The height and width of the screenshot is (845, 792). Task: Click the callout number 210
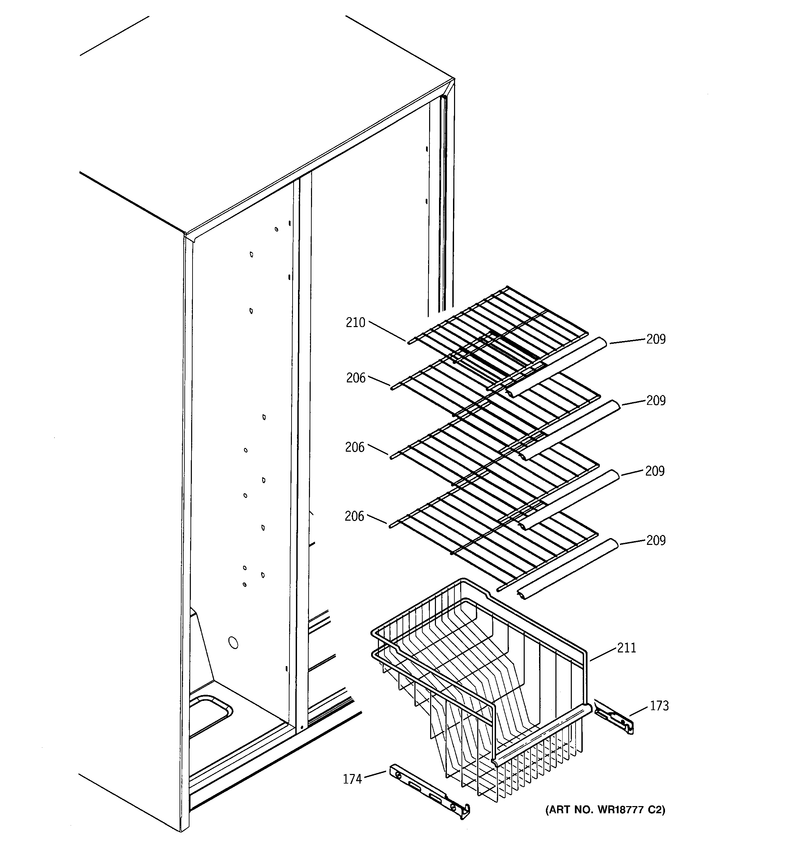click(355, 323)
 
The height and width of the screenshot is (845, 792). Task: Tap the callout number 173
click(659, 706)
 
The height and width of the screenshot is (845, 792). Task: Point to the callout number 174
click(352, 779)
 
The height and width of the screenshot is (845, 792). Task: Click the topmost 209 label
click(656, 339)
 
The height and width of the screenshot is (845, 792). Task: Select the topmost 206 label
click(356, 378)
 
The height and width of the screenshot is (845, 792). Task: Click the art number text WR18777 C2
click(605, 810)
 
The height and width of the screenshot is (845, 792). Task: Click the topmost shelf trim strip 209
click(557, 366)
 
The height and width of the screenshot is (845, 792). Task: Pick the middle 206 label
click(355, 447)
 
